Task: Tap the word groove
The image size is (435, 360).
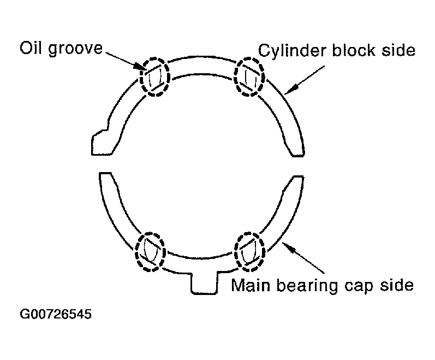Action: tap(75, 49)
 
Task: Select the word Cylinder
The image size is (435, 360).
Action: tap(292, 51)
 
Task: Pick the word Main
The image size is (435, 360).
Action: tap(251, 285)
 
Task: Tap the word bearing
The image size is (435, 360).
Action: tap(307, 286)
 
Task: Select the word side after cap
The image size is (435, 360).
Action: tap(397, 285)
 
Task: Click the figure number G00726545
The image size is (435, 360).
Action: tap(56, 314)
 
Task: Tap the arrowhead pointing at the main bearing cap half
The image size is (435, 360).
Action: tap(288, 247)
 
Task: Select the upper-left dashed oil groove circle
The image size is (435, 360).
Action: tap(154, 76)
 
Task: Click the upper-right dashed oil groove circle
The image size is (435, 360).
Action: tap(249, 76)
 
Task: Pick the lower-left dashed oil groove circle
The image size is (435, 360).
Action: tap(150, 251)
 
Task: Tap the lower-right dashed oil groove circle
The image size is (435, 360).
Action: tap(249, 251)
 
